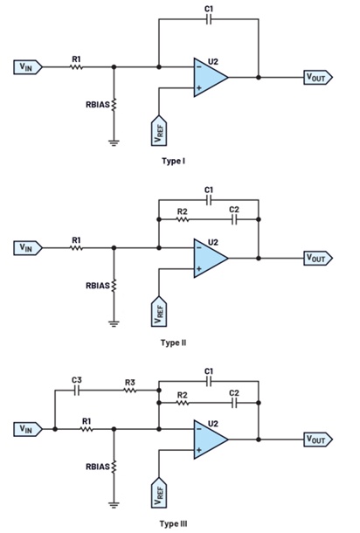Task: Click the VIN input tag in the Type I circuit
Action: point(28,67)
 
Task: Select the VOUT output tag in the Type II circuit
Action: point(318,259)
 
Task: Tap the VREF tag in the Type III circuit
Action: point(159,492)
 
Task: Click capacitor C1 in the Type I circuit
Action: point(209,19)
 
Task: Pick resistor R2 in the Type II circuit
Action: point(183,219)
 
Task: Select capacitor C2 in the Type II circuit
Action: point(234,219)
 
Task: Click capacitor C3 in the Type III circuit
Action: point(77,391)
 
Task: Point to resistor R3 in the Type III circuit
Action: point(130,391)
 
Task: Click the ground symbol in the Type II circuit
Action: point(114,323)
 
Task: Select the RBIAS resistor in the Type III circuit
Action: point(114,466)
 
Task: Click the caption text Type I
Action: point(173,161)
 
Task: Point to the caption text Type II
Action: point(173,343)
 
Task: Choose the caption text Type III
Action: point(173,523)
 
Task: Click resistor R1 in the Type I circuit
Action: point(77,67)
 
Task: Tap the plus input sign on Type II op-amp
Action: point(199,269)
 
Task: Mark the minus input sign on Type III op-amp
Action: point(199,429)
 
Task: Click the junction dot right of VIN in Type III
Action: point(55,429)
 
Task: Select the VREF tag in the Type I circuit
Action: point(159,130)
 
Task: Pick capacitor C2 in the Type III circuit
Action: point(234,403)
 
